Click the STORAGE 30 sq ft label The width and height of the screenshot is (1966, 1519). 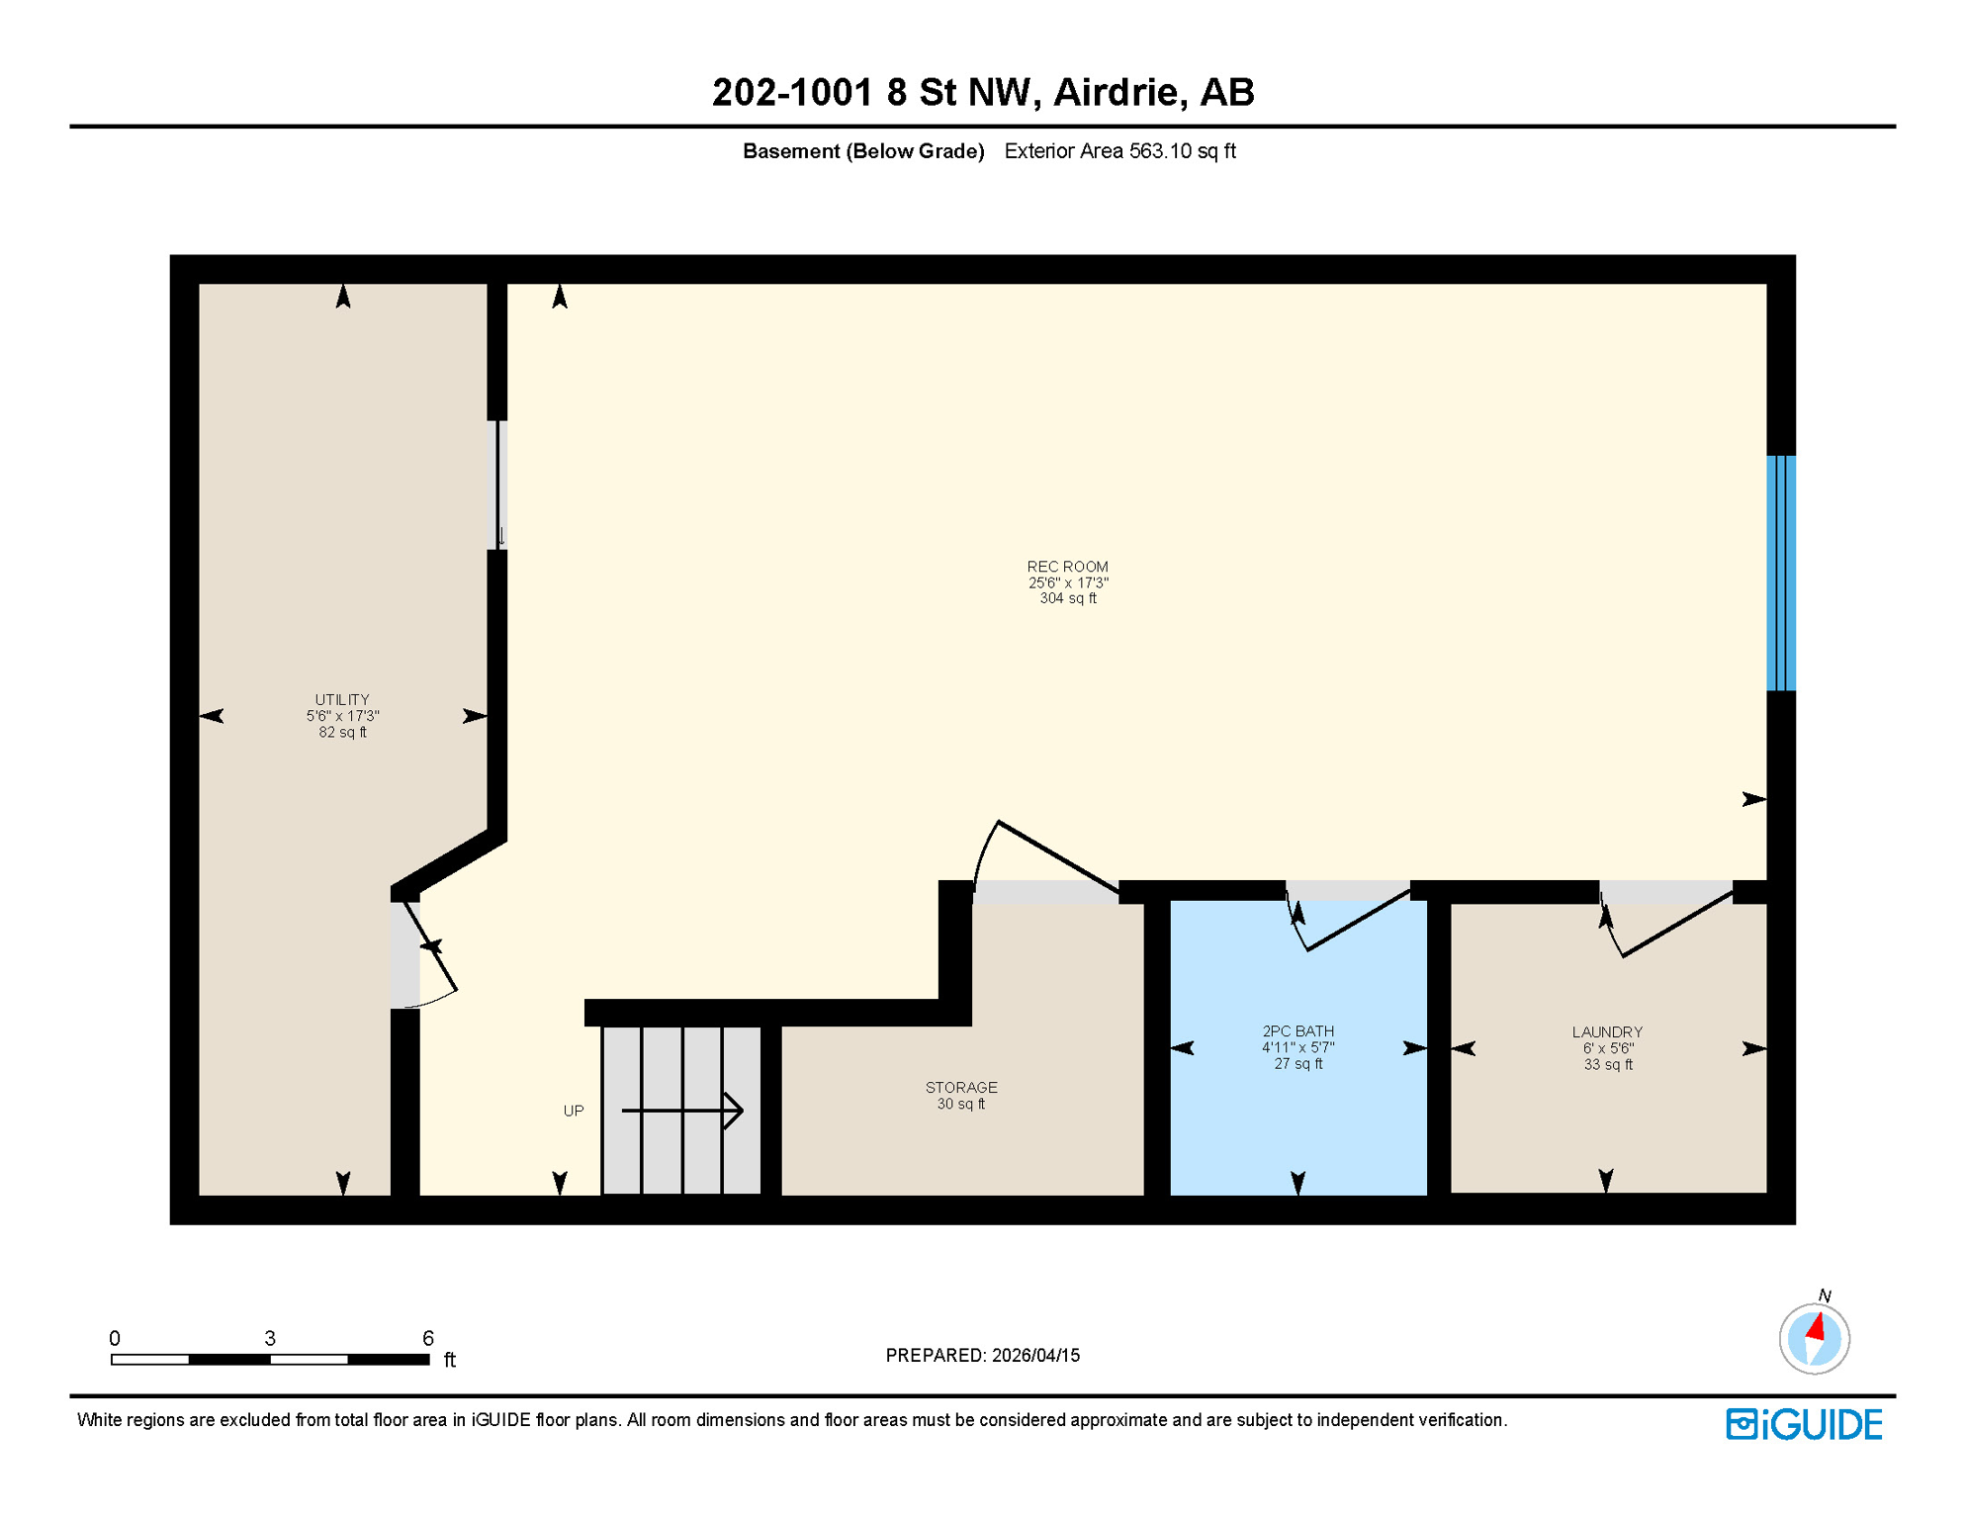coord(960,1095)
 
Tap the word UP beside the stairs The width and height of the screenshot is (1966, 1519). coord(574,1111)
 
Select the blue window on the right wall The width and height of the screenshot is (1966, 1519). coord(1781,573)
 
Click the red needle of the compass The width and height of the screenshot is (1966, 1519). coord(1816,1326)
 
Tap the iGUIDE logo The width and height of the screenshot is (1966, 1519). coord(1804,1424)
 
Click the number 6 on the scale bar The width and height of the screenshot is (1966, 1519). coord(428,1338)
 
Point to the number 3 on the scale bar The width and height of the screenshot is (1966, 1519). coord(270,1338)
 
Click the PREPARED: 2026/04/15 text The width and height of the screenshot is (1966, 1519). coord(982,1355)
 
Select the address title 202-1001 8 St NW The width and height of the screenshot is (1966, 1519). coord(982,92)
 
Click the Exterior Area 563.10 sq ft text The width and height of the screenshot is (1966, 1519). coord(1119,151)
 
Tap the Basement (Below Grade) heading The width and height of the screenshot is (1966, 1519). coord(863,151)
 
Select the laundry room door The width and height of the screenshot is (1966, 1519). coord(1676,925)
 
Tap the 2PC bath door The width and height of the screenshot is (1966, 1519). coord(1357,921)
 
